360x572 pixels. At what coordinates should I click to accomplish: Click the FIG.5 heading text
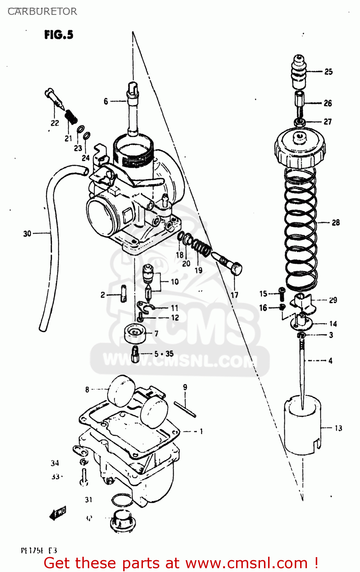(x=58, y=35)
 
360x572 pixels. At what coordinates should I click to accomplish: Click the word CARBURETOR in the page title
(x=42, y=11)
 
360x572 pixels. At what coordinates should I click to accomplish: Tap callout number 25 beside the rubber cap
(x=328, y=72)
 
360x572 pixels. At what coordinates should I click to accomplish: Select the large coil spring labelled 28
(x=301, y=229)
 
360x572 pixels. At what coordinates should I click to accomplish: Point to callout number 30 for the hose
(x=27, y=233)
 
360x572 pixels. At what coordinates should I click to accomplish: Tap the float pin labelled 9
(x=185, y=409)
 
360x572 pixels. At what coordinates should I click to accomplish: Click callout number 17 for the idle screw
(x=234, y=295)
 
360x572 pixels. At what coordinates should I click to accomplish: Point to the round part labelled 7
(x=134, y=334)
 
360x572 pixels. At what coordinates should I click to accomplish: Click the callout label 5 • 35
(x=164, y=354)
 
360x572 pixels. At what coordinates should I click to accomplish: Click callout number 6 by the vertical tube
(x=106, y=101)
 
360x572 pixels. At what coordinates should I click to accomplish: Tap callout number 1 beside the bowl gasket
(x=201, y=431)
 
